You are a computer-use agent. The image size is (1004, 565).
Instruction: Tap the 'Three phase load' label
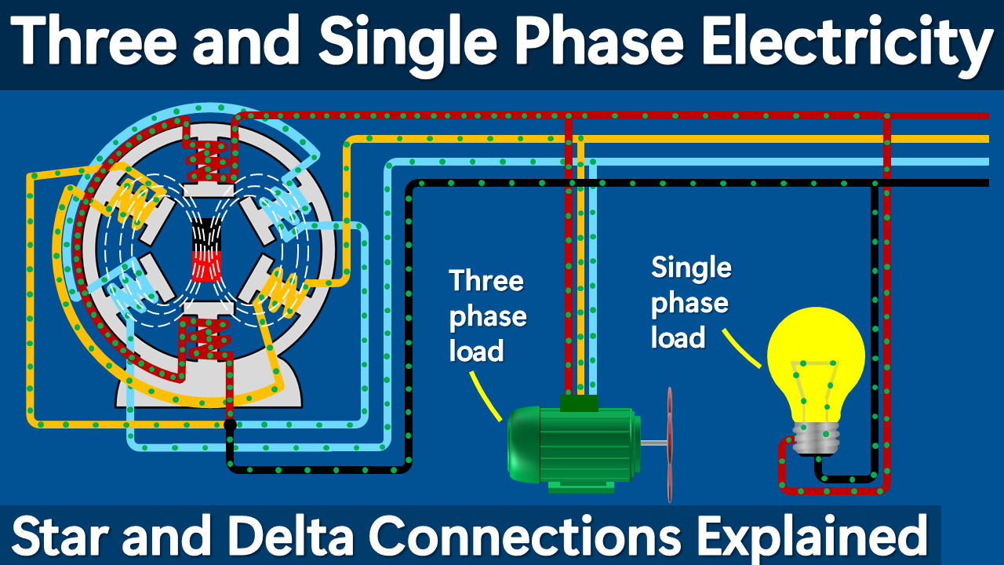click(487, 316)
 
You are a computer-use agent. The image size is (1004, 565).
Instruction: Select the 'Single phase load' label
click(691, 303)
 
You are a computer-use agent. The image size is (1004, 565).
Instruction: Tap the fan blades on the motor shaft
click(669, 444)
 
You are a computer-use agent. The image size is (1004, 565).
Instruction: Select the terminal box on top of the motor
click(579, 403)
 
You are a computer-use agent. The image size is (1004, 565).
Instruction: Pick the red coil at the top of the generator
click(209, 156)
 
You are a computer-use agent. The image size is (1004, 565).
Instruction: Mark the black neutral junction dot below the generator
click(230, 425)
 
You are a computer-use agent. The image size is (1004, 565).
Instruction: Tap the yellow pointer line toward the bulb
click(742, 348)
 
